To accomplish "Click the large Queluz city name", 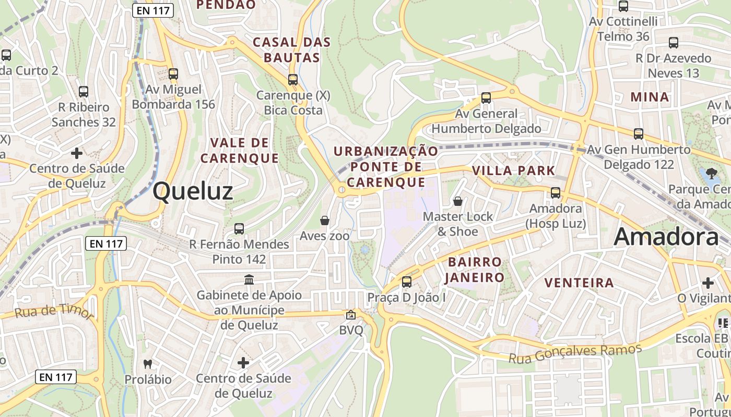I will (193, 192).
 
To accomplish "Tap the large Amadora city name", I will (666, 237).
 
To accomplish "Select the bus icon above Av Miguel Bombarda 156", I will (173, 74).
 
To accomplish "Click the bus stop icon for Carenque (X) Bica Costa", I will (293, 80).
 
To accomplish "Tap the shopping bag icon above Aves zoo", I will (325, 220).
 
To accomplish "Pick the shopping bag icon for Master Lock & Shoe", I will (458, 201).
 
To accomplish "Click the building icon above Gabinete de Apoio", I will (249, 280).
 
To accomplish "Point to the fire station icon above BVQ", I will (350, 315).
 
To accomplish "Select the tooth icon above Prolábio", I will (148, 364).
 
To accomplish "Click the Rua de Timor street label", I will (54, 312).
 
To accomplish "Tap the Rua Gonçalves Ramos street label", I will (575, 353).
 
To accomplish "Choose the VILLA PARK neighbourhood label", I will (513, 170).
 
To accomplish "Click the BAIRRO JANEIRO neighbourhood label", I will (474, 269).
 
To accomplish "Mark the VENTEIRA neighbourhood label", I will (579, 283).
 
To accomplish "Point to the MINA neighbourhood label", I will (650, 97).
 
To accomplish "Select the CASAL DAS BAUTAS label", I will (291, 50).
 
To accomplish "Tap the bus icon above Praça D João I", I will (406, 282).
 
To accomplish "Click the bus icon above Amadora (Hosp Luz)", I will (556, 193).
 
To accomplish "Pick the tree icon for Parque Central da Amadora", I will (711, 173).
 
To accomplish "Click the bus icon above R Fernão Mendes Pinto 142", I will (239, 228).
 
